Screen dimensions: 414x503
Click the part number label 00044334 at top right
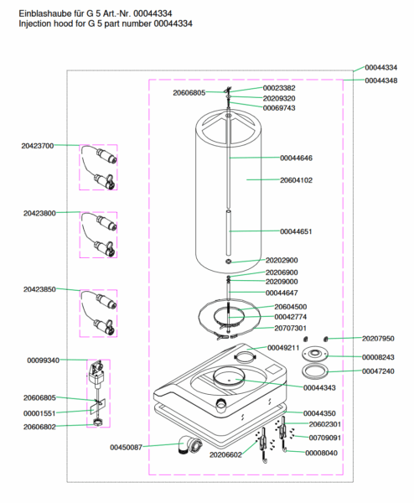(x=381, y=68)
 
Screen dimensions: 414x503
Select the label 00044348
(x=381, y=80)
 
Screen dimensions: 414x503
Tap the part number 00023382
(x=279, y=88)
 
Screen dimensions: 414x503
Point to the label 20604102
(x=296, y=180)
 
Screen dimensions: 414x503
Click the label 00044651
(x=296, y=231)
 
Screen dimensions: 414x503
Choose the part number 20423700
(x=38, y=146)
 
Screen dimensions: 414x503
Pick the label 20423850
(x=39, y=289)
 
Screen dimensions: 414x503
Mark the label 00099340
(x=44, y=360)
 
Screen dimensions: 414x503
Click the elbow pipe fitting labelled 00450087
(x=190, y=444)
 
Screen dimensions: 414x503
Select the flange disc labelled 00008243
(x=315, y=354)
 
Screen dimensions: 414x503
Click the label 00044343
(x=319, y=388)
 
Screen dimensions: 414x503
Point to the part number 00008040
(x=321, y=453)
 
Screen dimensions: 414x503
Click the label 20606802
(x=39, y=427)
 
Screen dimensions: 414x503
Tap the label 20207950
(x=378, y=339)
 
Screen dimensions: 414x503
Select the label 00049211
(x=283, y=348)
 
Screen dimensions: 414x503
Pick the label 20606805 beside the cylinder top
(x=189, y=93)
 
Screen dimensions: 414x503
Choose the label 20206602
(x=225, y=455)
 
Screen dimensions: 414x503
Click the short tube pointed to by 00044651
(x=228, y=232)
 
